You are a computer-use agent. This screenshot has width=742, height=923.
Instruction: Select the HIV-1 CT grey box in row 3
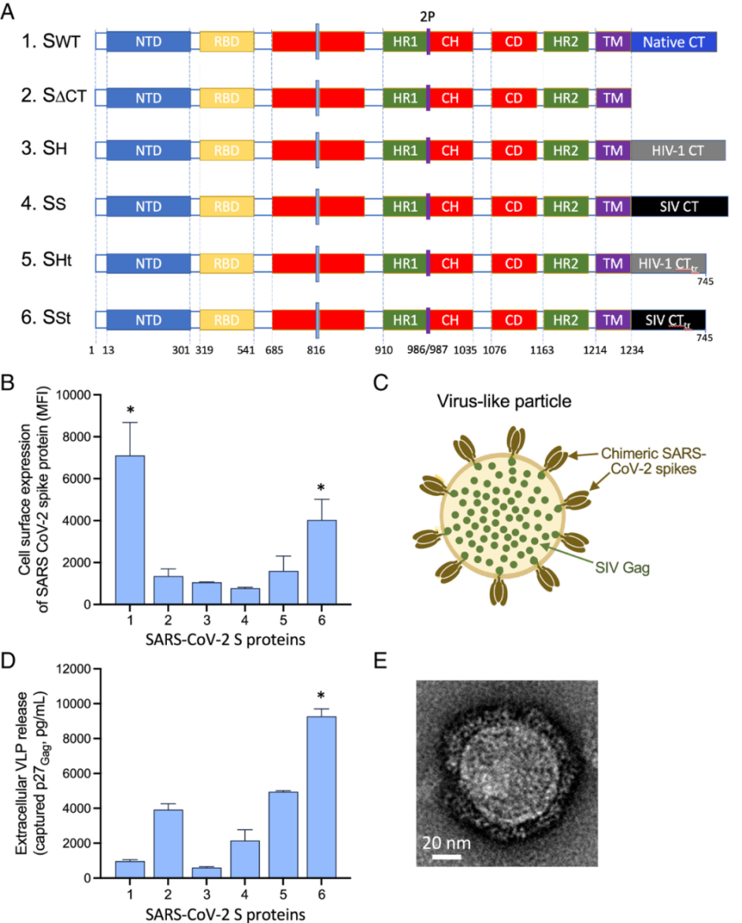[678, 151]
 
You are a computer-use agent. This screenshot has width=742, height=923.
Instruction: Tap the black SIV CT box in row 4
[679, 206]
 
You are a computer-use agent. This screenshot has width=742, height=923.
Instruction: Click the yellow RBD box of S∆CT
[226, 97]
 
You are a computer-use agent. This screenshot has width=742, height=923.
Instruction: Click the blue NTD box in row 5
[148, 262]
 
